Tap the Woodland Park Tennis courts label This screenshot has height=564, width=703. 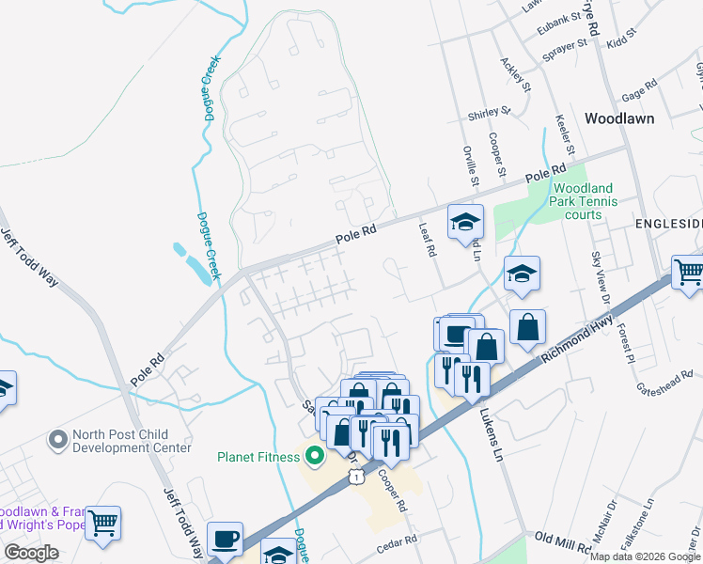pyautogui.click(x=583, y=201)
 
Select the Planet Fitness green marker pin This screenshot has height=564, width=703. pyautogui.click(x=314, y=458)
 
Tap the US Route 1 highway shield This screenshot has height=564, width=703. pyautogui.click(x=356, y=477)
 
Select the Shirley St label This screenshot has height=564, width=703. pyautogui.click(x=489, y=113)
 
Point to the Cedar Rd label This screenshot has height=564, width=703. pyautogui.click(x=395, y=547)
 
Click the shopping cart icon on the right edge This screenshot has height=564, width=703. pyautogui.click(x=687, y=273)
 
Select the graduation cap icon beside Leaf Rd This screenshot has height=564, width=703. pyautogui.click(x=464, y=223)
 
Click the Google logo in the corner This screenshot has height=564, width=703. pyautogui.click(x=31, y=553)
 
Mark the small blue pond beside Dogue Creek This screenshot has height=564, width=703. pyautogui.click(x=193, y=263)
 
